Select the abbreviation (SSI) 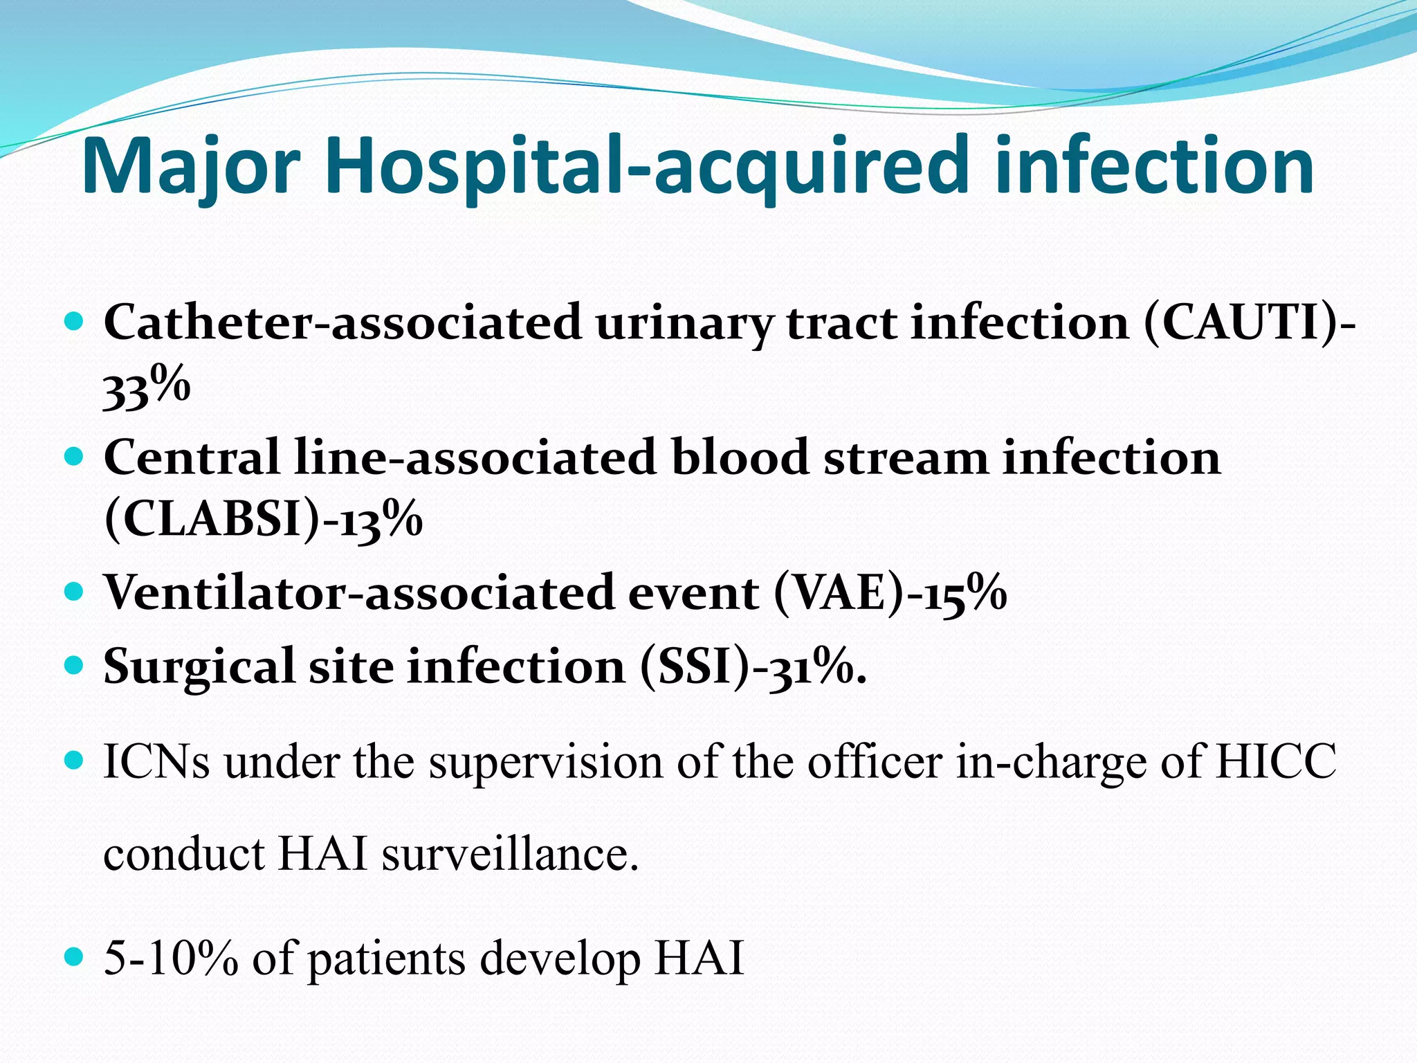click(x=695, y=666)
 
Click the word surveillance click(x=509, y=854)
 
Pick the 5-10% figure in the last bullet click(x=170, y=958)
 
